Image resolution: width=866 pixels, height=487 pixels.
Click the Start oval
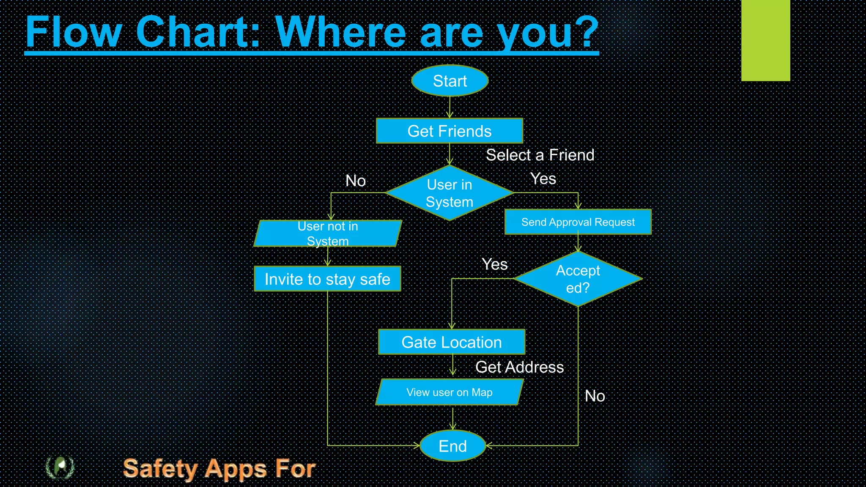(449, 81)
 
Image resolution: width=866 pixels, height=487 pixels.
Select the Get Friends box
(449, 131)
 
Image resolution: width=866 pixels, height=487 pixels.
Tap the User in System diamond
(449, 193)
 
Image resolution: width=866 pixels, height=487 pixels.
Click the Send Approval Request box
(578, 222)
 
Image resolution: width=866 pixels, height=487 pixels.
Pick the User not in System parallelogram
(328, 233)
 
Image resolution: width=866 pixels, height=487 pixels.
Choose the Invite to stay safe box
(327, 279)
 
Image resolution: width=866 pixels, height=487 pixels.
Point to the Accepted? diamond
(578, 279)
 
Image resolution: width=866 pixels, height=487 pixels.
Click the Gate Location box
(452, 342)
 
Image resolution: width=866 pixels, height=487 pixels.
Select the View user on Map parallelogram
(449, 392)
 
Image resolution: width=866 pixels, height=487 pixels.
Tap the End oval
(452, 446)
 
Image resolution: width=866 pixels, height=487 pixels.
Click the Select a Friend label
(540, 155)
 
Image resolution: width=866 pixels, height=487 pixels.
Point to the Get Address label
(519, 367)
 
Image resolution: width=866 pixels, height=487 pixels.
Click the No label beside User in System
(356, 181)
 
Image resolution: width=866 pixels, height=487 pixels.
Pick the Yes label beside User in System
(543, 179)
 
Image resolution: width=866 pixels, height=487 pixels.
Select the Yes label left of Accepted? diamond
(495, 264)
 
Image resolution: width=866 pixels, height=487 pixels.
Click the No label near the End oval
(595, 396)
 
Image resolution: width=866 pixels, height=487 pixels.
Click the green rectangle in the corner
(765, 40)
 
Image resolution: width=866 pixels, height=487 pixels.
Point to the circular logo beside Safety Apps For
(60, 467)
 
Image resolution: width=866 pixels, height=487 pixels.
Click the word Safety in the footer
(160, 469)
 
